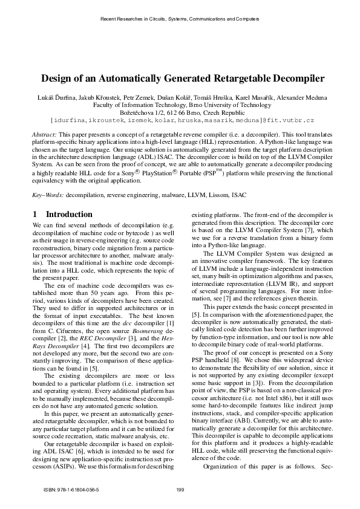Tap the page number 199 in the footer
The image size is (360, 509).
click(x=180, y=489)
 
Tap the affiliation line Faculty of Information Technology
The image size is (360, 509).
click(x=180, y=105)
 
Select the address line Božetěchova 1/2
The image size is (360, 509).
click(x=180, y=113)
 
